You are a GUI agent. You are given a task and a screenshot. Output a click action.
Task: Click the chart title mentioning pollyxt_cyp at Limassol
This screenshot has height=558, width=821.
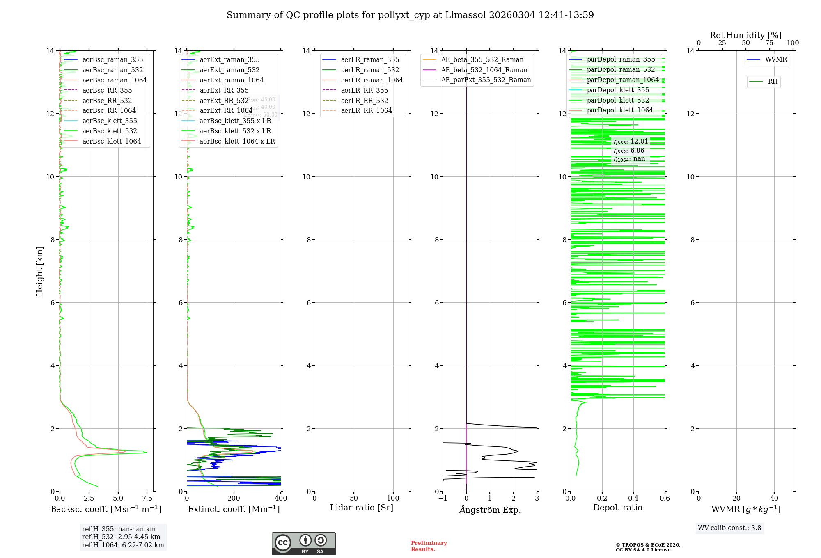point(410,15)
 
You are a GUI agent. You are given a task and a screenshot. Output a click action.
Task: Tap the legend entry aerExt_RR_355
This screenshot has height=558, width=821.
point(224,90)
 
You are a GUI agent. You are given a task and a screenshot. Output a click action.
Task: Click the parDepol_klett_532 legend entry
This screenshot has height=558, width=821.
point(618,100)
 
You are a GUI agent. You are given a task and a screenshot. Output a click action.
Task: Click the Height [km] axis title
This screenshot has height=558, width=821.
point(39,271)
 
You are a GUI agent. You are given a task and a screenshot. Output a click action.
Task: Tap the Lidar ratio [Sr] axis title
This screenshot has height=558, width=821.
point(362,508)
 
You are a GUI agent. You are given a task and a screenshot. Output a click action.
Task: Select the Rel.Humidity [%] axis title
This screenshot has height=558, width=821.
point(745,35)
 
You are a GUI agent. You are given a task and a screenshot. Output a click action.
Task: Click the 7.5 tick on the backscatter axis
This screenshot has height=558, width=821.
point(147,499)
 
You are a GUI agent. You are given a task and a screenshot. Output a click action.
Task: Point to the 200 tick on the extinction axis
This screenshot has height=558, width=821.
point(234,499)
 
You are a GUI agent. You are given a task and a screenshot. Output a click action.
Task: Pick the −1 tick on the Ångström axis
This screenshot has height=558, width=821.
point(443,499)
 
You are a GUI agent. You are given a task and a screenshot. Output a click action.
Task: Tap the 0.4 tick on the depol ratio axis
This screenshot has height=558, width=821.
point(633,499)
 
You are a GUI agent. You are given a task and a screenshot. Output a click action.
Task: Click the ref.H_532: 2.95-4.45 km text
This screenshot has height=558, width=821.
point(121,537)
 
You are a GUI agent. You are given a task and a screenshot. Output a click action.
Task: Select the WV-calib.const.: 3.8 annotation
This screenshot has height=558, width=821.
point(729,528)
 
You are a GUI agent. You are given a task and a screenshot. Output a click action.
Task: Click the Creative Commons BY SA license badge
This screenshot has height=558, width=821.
point(303,543)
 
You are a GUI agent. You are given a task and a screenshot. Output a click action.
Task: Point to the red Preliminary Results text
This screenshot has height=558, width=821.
point(429,546)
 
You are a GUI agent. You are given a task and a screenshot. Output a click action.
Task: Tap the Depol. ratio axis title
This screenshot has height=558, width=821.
point(617,508)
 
